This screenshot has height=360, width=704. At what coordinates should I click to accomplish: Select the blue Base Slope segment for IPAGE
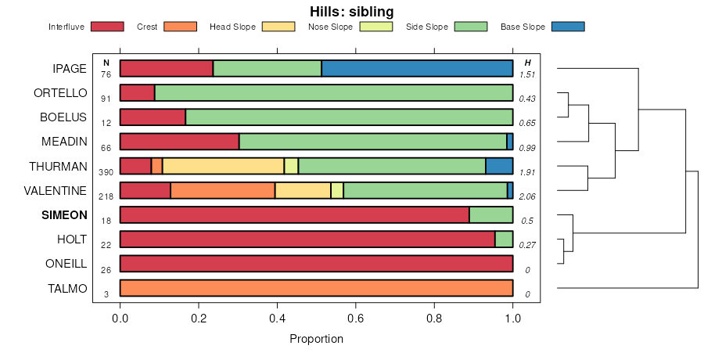coord(417,69)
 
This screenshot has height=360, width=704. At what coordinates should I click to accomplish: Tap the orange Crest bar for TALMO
coord(316,288)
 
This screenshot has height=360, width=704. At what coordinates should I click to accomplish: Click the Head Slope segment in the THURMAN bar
coord(223,166)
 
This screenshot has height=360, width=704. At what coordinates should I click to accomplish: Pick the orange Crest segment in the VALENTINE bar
coord(223,190)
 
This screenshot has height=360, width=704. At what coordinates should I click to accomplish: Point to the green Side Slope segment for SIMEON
coord(490,215)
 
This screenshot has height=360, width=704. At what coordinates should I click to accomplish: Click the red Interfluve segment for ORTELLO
coord(137,93)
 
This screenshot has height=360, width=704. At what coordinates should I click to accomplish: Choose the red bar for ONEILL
coord(316,264)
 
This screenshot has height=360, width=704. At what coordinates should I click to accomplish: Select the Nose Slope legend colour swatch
coord(375,27)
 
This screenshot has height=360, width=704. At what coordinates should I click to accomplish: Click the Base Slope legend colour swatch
coord(568,27)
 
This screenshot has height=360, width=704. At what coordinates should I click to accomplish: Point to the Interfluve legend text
coord(66,27)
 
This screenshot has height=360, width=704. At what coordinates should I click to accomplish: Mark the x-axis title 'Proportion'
coord(316,339)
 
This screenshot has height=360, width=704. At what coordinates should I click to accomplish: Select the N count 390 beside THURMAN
coord(106,171)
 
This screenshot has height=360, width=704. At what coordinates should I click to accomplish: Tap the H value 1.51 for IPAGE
coord(527,74)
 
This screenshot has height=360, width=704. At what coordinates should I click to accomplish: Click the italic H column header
coord(527,63)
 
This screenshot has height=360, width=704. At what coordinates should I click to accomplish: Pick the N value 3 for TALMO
coord(106,293)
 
